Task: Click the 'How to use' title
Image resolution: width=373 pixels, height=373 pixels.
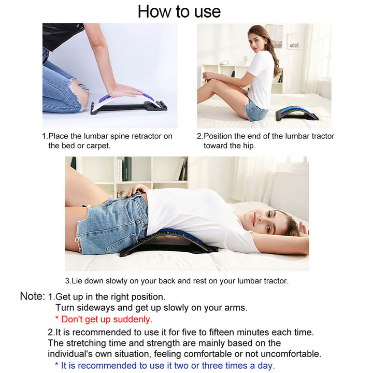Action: [x=179, y=11]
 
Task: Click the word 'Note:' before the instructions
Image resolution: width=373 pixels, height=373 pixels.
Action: [x=32, y=296]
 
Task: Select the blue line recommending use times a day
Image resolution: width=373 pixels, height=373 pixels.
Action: [x=165, y=366]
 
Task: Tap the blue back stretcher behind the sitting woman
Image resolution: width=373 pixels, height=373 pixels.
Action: [x=297, y=113]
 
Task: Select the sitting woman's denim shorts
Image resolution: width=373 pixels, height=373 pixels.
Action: [x=256, y=109]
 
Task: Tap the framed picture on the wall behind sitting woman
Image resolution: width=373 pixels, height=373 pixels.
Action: [x=275, y=36]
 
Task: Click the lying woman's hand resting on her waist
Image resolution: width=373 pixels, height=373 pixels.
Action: [x=136, y=190]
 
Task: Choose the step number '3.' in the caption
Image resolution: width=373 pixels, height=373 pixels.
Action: [x=68, y=281]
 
